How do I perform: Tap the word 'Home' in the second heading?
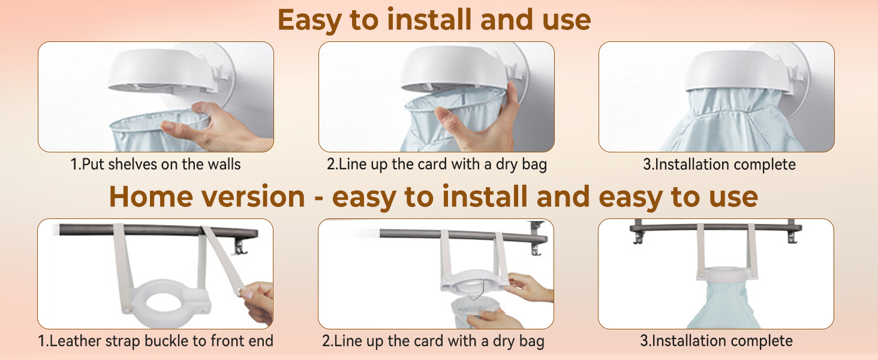(151, 196)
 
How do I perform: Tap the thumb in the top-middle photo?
(447, 119)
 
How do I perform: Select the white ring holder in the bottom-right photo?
(727, 274)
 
